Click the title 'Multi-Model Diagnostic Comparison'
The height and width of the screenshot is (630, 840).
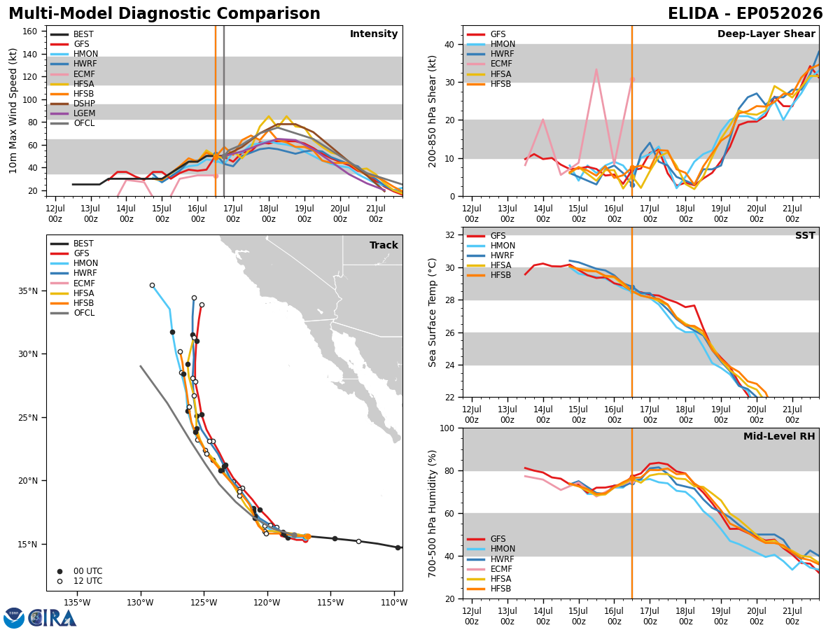pos(164,13)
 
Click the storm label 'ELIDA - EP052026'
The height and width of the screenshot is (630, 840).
pos(745,13)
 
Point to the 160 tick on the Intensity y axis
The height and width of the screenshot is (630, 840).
pos(30,31)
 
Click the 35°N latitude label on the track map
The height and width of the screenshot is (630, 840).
pos(27,291)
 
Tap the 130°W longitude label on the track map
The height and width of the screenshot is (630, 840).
pos(141,603)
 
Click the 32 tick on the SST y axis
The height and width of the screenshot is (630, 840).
pos(450,235)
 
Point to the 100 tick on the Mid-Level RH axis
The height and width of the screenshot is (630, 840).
pos(447,428)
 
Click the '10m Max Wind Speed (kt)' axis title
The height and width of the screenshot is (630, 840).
pos(13,111)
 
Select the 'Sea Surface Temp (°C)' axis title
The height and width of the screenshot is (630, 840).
pos(432,312)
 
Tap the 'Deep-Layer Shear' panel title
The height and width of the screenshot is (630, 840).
pos(766,34)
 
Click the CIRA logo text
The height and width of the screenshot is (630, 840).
pos(52,618)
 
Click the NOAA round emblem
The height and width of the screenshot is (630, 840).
pos(14,618)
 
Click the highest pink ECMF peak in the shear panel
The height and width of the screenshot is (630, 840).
pos(596,69)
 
